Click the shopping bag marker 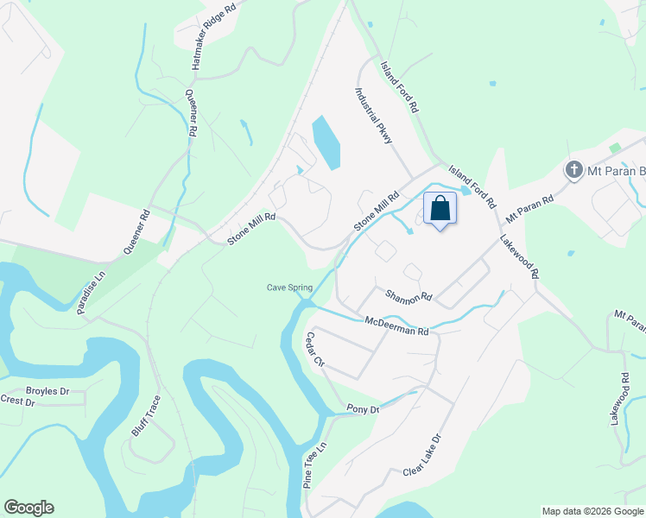click(440, 209)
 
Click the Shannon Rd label click(408, 296)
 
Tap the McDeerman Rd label click(396, 325)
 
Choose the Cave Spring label click(288, 287)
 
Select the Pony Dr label click(363, 408)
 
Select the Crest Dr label click(16, 401)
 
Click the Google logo click(28, 508)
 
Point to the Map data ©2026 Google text click(592, 511)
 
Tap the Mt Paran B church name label click(617, 170)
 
